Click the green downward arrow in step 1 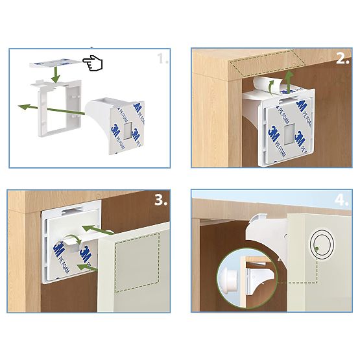pyautogui.click(x=56, y=75)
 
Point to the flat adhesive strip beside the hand pyautogui.click(x=58, y=63)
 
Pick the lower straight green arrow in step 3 pyautogui.click(x=88, y=266)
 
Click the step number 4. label pyautogui.click(x=342, y=199)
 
